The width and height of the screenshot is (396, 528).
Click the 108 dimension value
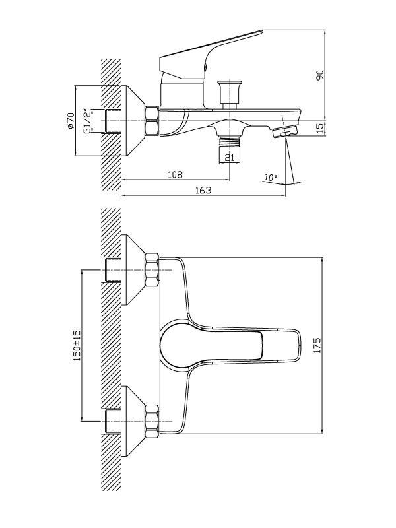[x=175, y=174]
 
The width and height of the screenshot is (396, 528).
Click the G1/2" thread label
[x=86, y=121]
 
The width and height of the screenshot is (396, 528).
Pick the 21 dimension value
[x=228, y=156]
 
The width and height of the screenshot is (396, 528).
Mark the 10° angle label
[x=269, y=177]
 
